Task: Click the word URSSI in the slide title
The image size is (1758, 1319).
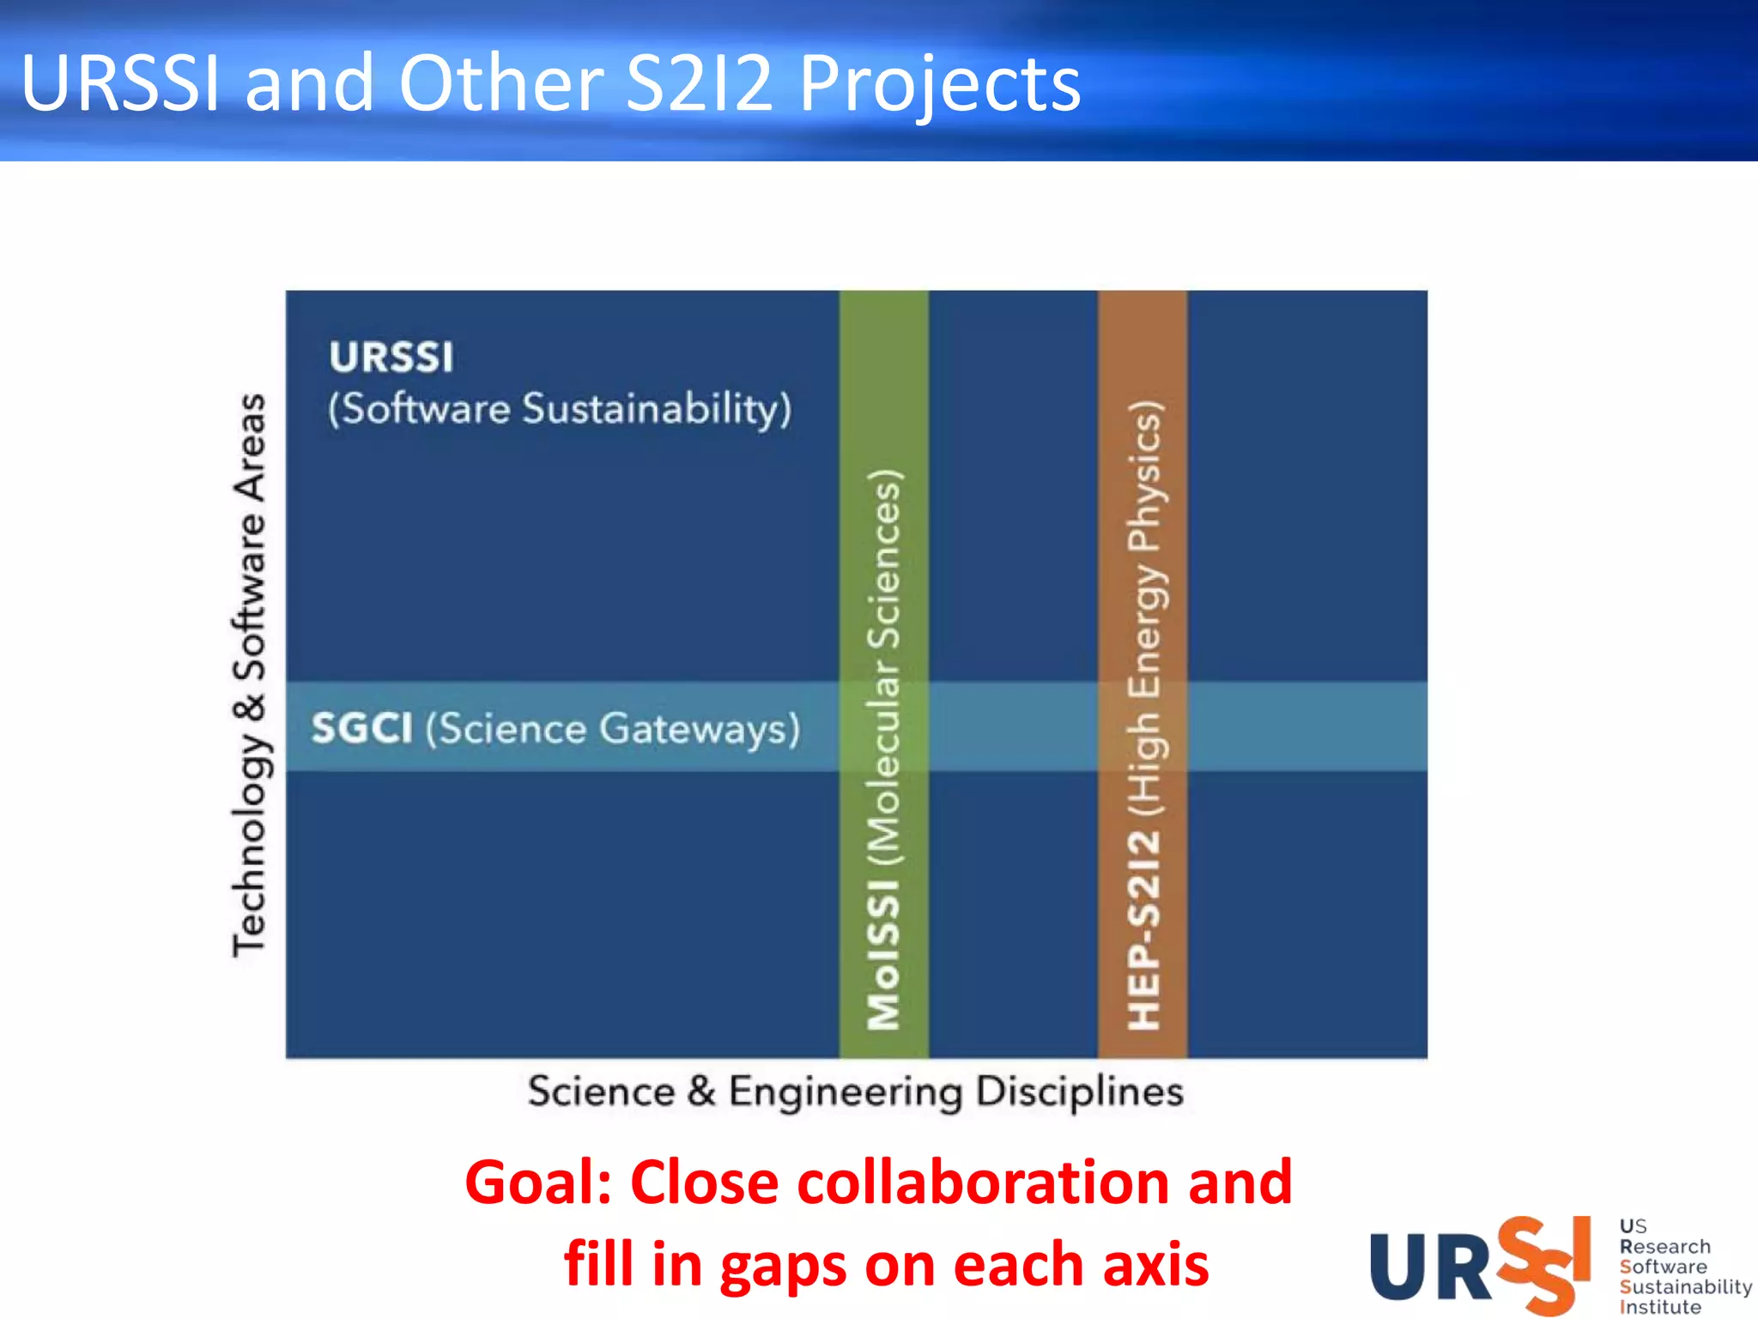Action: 120,82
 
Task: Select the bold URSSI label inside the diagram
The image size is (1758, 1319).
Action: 391,357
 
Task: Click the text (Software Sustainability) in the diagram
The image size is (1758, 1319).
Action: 560,409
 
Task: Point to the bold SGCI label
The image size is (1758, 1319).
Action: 361,728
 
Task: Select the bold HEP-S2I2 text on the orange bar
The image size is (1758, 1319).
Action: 1143,930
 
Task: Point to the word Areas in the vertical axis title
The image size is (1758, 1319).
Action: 250,447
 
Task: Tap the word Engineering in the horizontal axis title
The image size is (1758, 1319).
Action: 846,1092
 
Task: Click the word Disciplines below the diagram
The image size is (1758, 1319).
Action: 1080,1092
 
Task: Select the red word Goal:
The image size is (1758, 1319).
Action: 537,1183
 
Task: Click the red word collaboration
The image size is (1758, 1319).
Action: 985,1183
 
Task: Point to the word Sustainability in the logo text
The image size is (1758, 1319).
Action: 1685,1286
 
